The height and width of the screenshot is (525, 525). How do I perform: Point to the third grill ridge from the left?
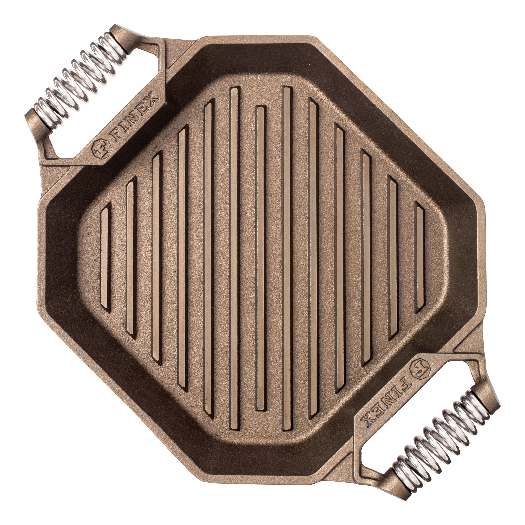click(x=157, y=258)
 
